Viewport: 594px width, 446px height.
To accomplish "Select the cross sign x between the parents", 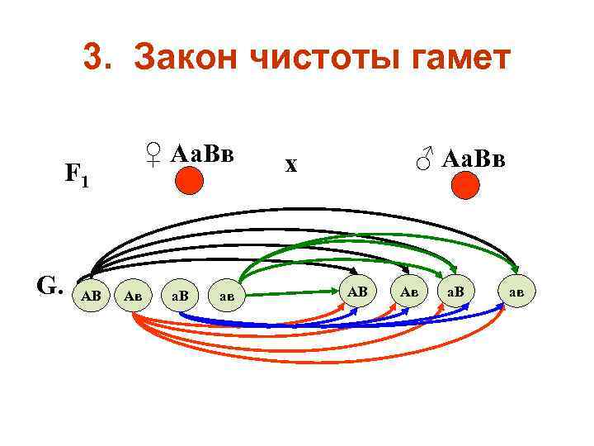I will (290, 164).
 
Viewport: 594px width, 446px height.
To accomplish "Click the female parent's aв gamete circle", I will (227, 294).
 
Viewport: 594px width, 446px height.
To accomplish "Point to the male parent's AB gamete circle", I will (356, 291).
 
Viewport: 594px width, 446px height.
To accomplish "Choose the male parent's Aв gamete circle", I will (408, 292).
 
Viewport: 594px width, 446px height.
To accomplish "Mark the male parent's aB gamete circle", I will (455, 292).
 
